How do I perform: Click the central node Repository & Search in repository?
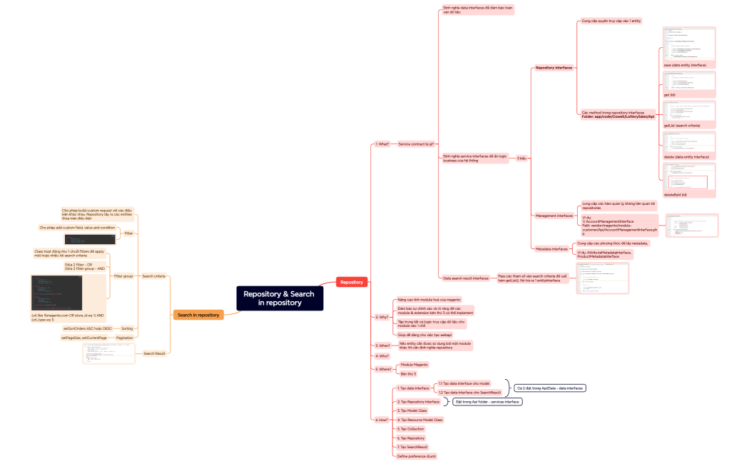280,298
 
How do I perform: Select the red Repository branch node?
352,282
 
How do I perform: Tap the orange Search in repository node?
198,314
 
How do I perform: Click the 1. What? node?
382,143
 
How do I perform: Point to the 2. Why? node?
382,316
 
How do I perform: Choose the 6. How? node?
382,420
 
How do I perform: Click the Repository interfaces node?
554,68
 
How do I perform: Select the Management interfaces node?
554,215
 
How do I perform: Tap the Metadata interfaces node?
551,249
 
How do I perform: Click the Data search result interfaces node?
466,278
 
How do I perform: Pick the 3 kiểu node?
522,158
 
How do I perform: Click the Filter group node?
123,276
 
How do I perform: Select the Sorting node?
127,328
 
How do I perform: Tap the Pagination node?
124,337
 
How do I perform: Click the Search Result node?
155,353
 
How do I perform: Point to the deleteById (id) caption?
675,194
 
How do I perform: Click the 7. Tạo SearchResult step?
412,447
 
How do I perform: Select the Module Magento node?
414,364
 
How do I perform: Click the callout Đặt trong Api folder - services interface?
487,402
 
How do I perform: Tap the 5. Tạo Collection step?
410,428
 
